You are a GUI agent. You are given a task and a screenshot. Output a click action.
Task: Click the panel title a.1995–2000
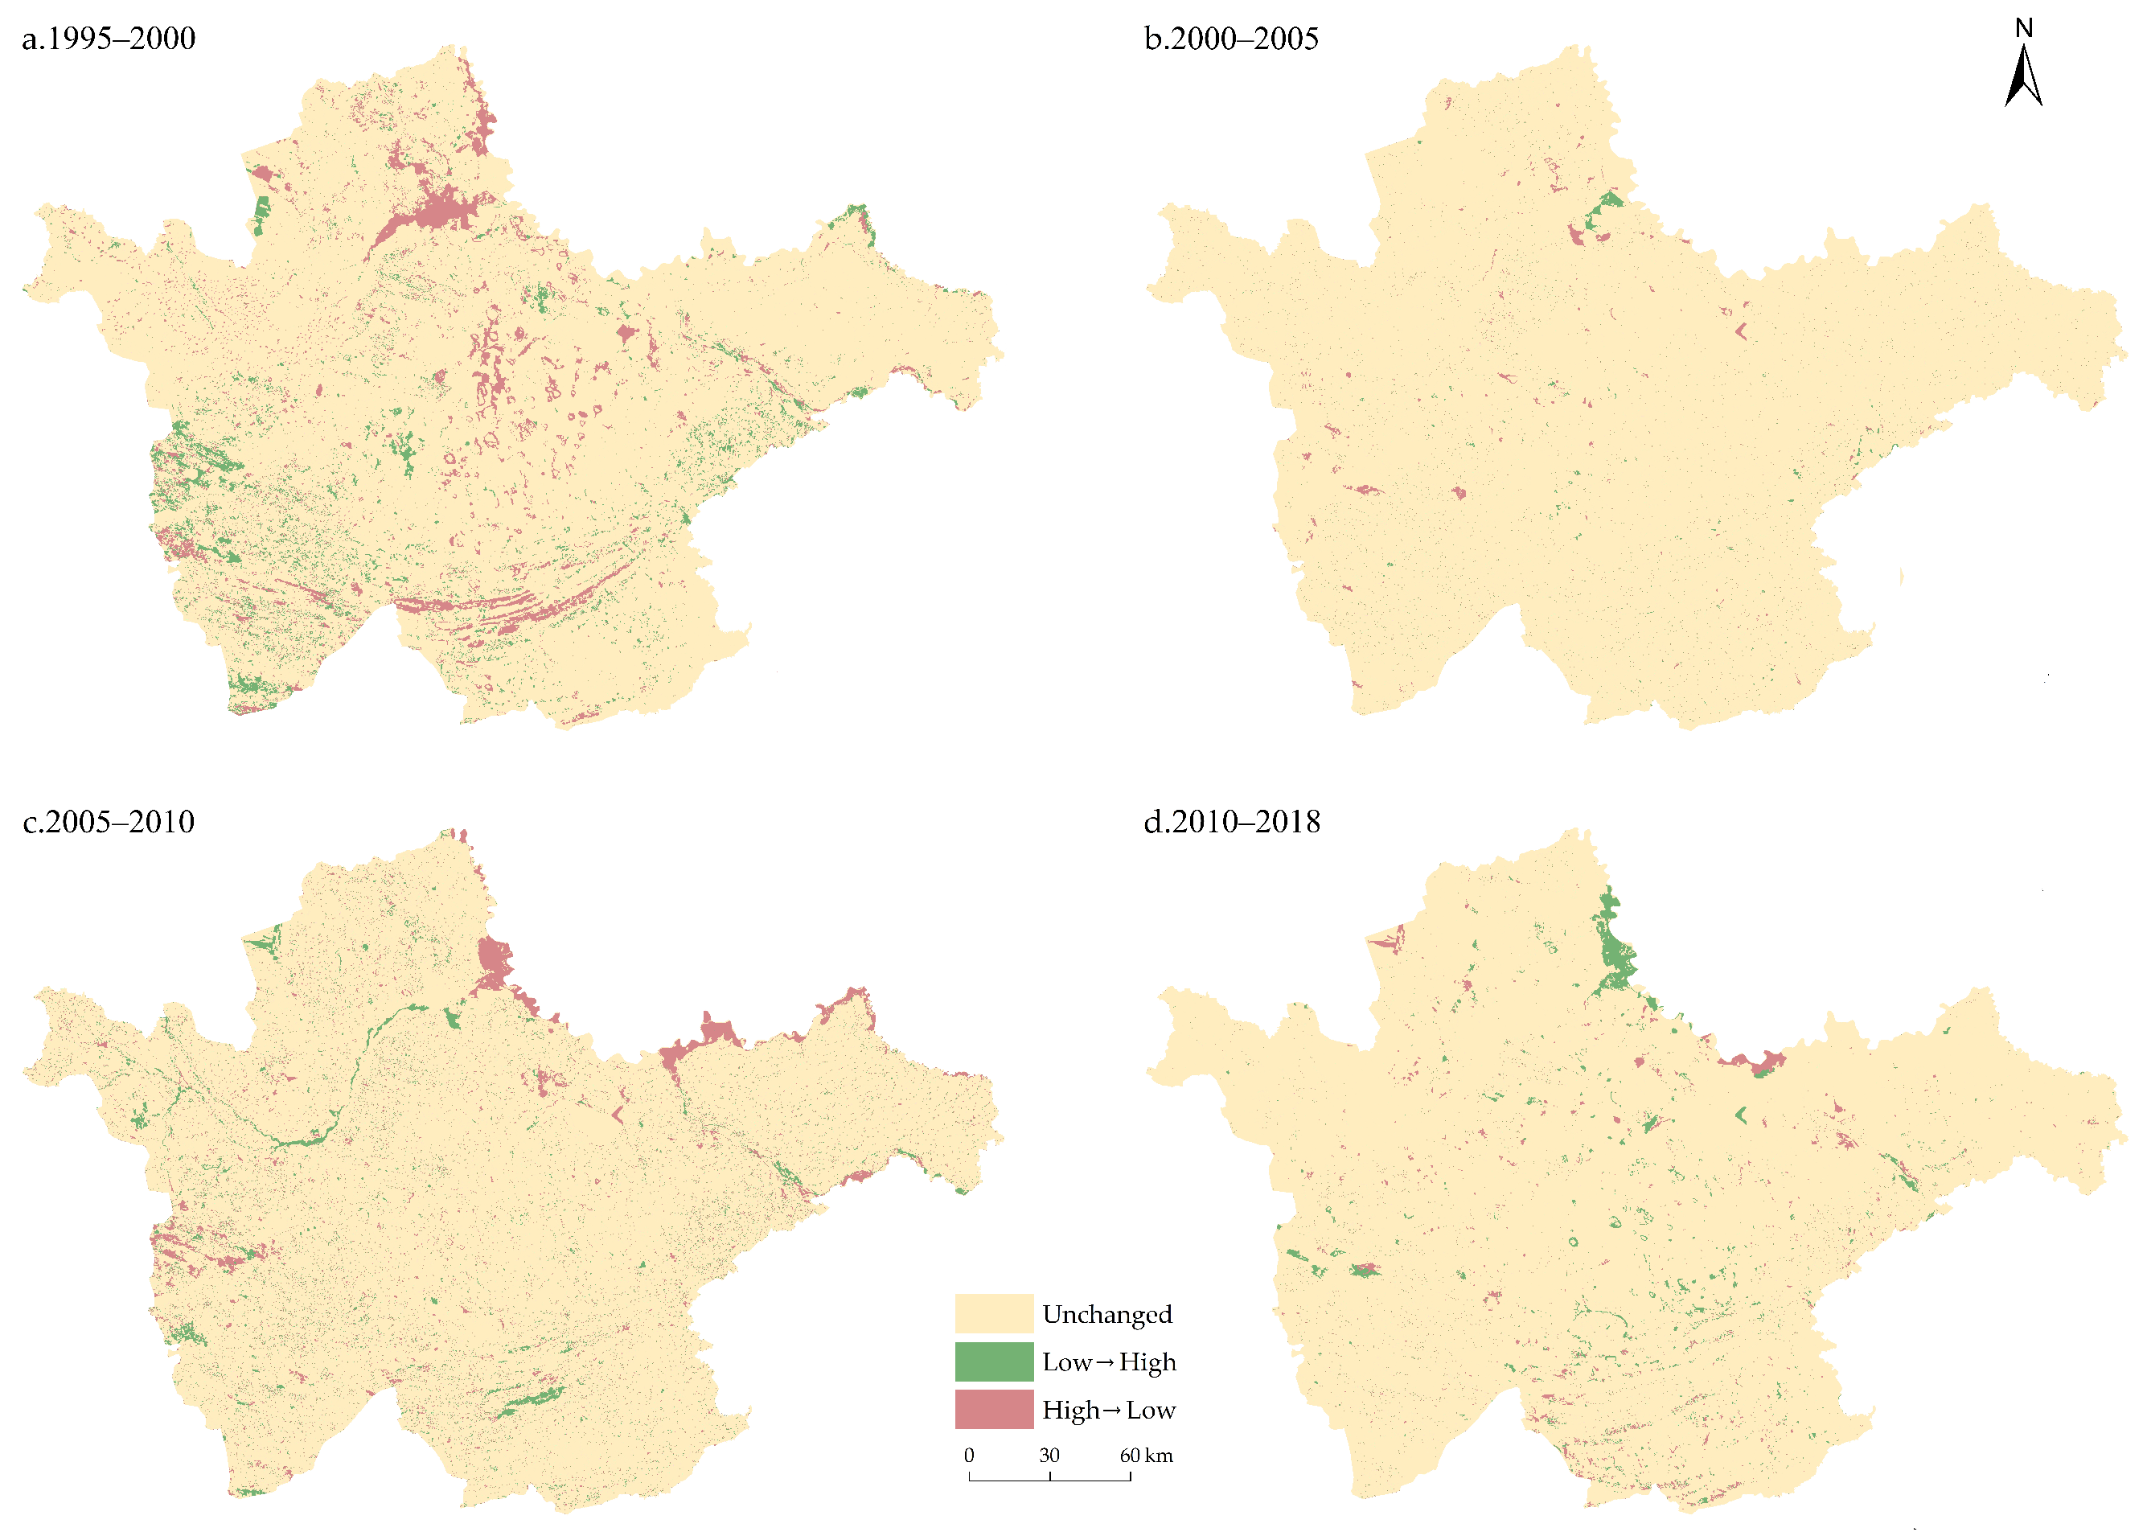(109, 39)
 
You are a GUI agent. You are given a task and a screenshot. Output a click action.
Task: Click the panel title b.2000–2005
(1230, 39)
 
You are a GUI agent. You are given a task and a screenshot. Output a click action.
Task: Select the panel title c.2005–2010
(109, 822)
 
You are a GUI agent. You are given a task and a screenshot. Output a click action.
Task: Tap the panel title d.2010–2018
(1231, 822)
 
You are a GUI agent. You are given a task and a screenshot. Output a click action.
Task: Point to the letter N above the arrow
(2023, 28)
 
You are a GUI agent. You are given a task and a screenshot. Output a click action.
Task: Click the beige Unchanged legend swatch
(993, 1314)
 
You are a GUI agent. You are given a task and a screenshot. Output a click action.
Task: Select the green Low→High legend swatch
(993, 1362)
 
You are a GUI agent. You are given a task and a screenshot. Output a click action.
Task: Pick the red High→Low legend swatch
(993, 1409)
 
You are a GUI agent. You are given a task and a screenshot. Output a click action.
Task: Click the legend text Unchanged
(1106, 1315)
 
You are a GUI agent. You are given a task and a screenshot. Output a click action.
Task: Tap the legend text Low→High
(1109, 1363)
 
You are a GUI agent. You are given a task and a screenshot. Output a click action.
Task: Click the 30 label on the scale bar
(1049, 1456)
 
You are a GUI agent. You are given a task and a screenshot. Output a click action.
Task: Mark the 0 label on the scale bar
(968, 1456)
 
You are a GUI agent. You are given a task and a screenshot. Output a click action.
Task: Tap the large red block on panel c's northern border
(494, 960)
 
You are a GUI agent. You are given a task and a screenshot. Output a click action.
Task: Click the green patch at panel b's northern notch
(1611, 200)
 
